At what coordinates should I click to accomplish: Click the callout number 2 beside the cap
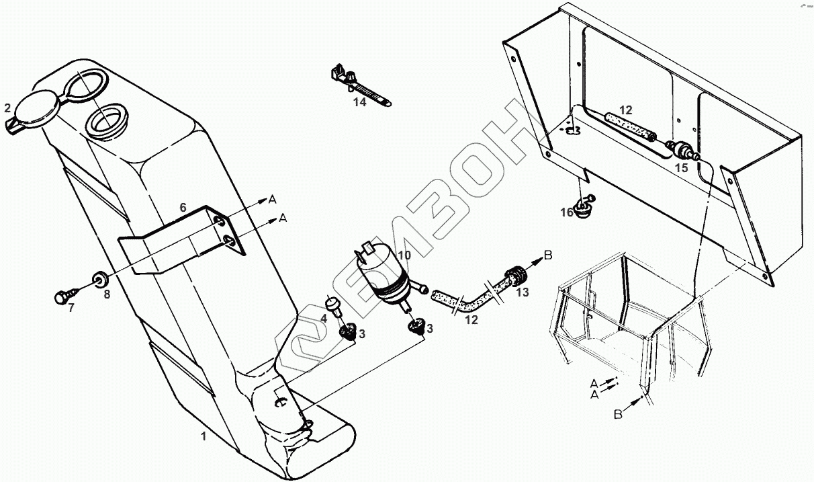point(7,108)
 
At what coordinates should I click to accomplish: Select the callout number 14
point(361,102)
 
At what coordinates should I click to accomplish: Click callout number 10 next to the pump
point(404,255)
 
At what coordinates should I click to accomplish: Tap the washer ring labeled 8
point(101,278)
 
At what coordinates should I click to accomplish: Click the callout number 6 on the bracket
point(183,208)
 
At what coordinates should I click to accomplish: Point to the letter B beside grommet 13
point(547,255)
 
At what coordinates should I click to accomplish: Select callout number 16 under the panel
point(567,212)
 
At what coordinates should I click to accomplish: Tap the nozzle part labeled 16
point(584,205)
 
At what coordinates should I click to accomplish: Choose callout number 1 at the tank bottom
point(203,436)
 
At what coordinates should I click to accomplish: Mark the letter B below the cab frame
point(618,415)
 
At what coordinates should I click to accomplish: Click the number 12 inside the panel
point(625,110)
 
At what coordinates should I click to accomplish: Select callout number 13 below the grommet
point(523,292)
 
